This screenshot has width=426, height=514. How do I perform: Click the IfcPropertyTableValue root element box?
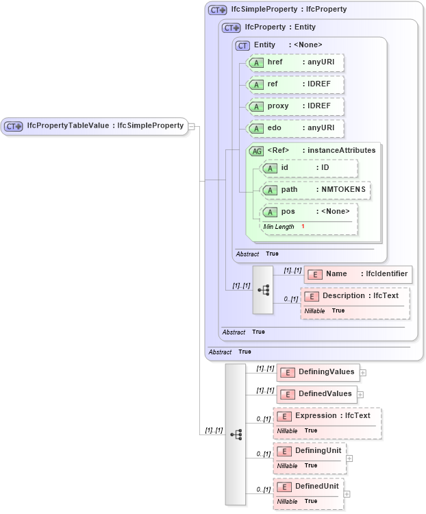coord(95,126)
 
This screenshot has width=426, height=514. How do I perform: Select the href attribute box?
coord(295,62)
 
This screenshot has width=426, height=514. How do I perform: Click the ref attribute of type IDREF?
coord(295,84)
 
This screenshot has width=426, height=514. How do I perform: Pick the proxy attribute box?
coord(295,106)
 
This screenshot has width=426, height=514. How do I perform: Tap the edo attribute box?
coord(295,128)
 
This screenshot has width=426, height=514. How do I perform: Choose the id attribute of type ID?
coord(309,168)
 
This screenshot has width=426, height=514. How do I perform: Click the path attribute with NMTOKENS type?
coord(316,190)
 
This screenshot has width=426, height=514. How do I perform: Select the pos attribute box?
coord(309,211)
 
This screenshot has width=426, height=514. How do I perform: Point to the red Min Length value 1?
coord(303,227)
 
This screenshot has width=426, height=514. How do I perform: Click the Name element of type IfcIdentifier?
coord(358,274)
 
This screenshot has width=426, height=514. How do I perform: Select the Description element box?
coord(355,296)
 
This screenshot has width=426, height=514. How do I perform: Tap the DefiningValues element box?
coord(318,372)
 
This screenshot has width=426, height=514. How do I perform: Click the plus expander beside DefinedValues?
coord(360,395)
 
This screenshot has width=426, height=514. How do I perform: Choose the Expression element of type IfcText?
coord(327,416)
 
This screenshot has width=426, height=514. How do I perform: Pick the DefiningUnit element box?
coord(310,451)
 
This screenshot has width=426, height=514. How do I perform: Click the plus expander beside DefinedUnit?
coord(347,493)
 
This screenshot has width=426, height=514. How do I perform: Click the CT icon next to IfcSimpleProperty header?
coord(218,10)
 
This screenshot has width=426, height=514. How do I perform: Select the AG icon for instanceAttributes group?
coord(256,151)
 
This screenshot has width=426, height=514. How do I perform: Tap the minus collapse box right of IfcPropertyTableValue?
coord(192,126)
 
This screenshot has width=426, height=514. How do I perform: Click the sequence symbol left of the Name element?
coord(263,290)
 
